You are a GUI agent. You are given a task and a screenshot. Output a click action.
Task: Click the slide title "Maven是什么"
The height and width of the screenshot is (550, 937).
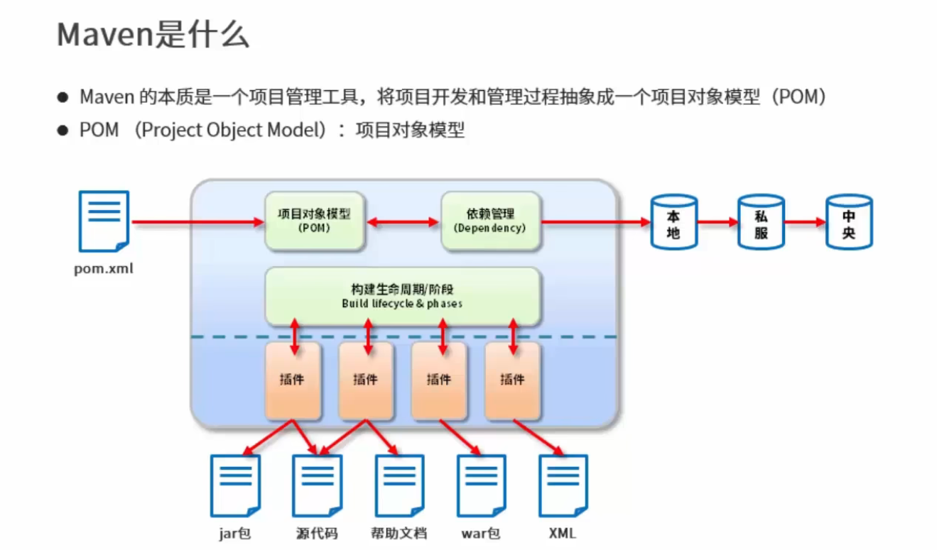153,35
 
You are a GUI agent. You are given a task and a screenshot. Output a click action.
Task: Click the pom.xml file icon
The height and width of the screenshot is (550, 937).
104,221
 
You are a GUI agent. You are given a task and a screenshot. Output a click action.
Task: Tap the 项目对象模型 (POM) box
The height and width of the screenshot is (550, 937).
314,221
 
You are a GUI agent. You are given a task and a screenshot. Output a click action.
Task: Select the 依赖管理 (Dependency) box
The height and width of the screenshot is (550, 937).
490,221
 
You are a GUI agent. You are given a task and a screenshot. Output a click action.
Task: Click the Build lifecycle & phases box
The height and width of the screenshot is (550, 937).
402,297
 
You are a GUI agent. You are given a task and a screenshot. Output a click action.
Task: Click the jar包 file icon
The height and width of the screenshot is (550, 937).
235,485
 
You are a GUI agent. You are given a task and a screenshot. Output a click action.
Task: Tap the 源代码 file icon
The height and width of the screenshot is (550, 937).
317,485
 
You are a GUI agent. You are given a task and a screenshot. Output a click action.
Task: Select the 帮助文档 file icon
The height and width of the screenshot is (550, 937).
399,485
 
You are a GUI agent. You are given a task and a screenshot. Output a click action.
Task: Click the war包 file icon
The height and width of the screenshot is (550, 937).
481,485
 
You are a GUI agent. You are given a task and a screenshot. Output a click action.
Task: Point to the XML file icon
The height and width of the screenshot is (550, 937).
563,485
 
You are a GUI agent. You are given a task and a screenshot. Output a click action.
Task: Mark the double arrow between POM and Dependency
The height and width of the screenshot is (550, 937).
402,222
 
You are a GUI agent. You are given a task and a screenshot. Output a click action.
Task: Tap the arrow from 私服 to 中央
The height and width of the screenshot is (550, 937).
805,222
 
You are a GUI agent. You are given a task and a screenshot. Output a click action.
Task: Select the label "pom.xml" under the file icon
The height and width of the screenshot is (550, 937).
104,270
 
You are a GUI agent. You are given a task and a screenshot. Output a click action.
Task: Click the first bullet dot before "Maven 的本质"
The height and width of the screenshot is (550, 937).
63,97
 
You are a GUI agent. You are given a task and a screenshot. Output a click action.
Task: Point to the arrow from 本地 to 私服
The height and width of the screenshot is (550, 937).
717,222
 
